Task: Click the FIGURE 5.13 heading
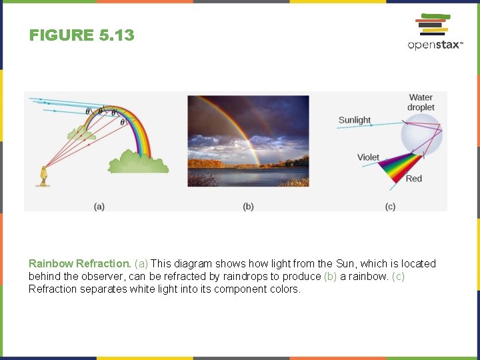(81, 35)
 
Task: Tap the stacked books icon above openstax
(433, 25)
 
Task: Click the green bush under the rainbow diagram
(138, 162)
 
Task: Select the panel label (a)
(99, 207)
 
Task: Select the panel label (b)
(248, 207)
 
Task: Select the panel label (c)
(390, 207)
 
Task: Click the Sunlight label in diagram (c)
(355, 120)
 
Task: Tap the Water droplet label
(421, 103)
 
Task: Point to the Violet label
(368, 157)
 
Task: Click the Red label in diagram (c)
(414, 178)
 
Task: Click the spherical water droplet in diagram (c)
(421, 133)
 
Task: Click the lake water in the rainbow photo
(248, 176)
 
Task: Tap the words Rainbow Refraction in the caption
(79, 263)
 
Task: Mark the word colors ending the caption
(284, 289)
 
